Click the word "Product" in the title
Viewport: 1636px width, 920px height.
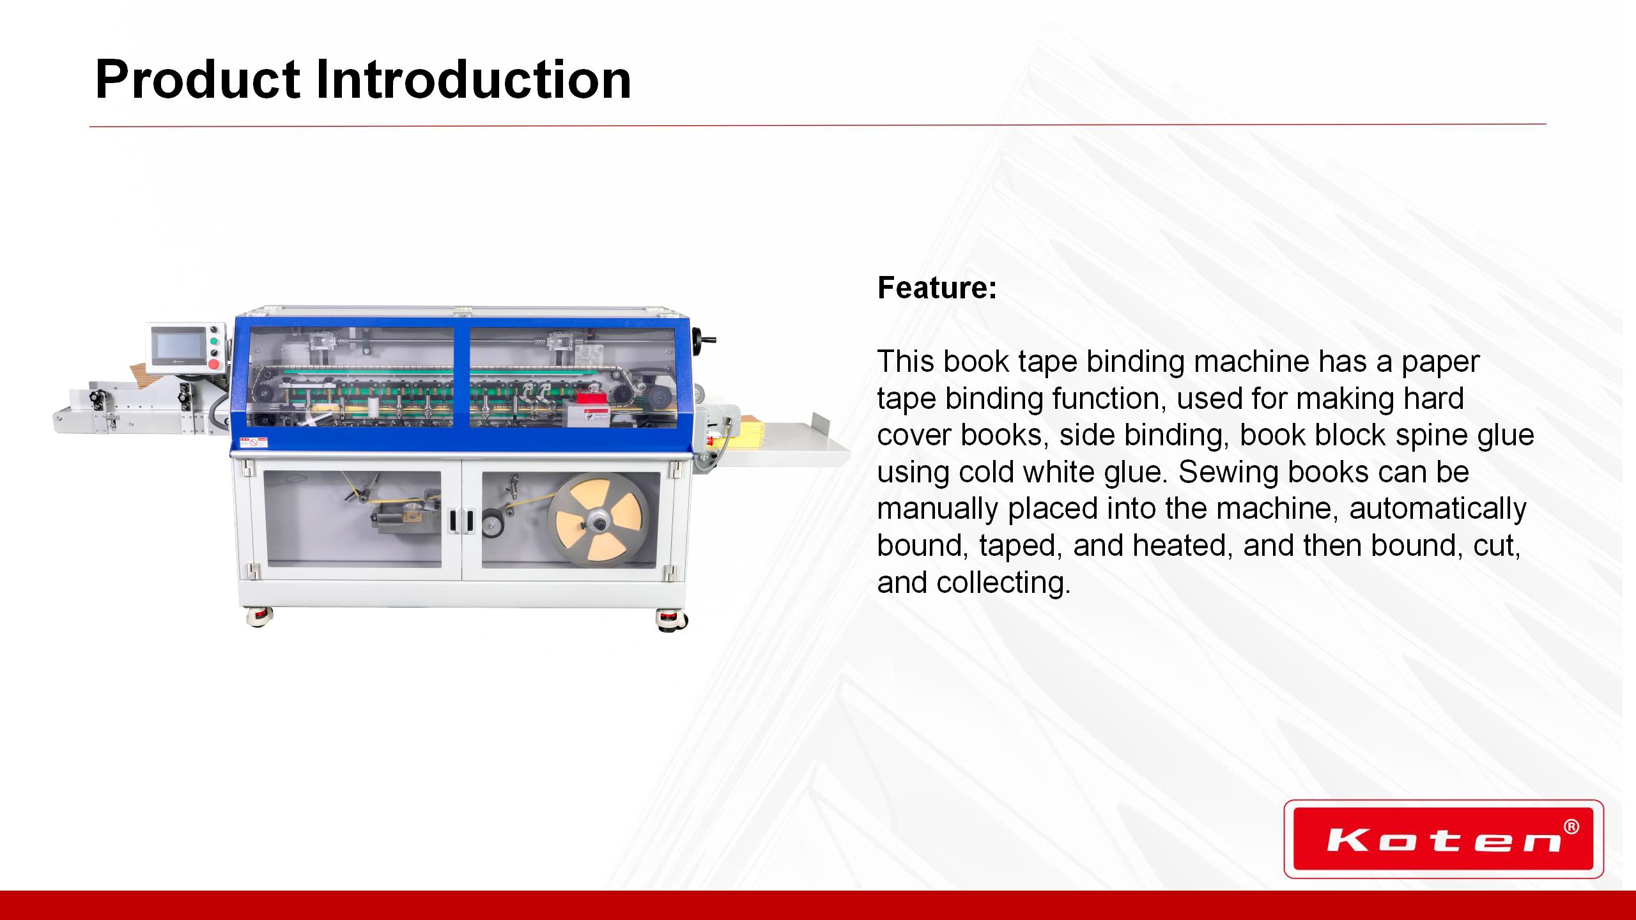[x=197, y=80]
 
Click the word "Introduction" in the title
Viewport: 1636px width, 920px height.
[x=474, y=80]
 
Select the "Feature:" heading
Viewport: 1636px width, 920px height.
[x=937, y=287]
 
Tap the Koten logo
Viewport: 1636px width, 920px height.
[x=1444, y=839]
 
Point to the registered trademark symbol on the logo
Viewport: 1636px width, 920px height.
[x=1570, y=827]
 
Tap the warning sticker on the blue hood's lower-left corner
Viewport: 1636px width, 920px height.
[x=253, y=441]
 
